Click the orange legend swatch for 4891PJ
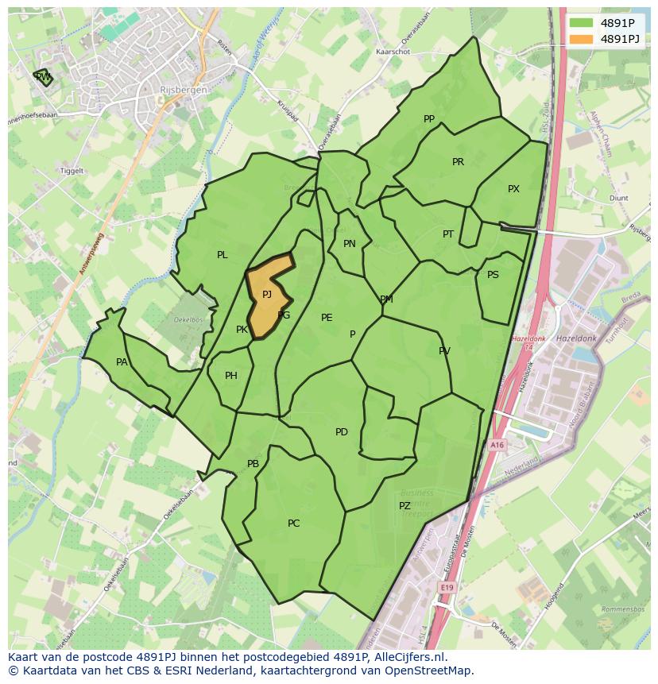point(582,39)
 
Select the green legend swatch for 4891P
point(582,23)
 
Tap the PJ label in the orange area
point(267,294)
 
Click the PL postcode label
point(223,255)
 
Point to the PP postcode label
point(429,119)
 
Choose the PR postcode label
point(458,162)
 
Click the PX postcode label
point(513,189)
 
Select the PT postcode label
point(448,234)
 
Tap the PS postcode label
point(493,275)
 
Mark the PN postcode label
point(350,244)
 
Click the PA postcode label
point(122,362)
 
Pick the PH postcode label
point(231,376)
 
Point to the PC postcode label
point(294,524)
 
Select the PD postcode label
point(342,432)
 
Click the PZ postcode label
point(404,506)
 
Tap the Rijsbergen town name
point(184,91)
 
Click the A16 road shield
point(497,446)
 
